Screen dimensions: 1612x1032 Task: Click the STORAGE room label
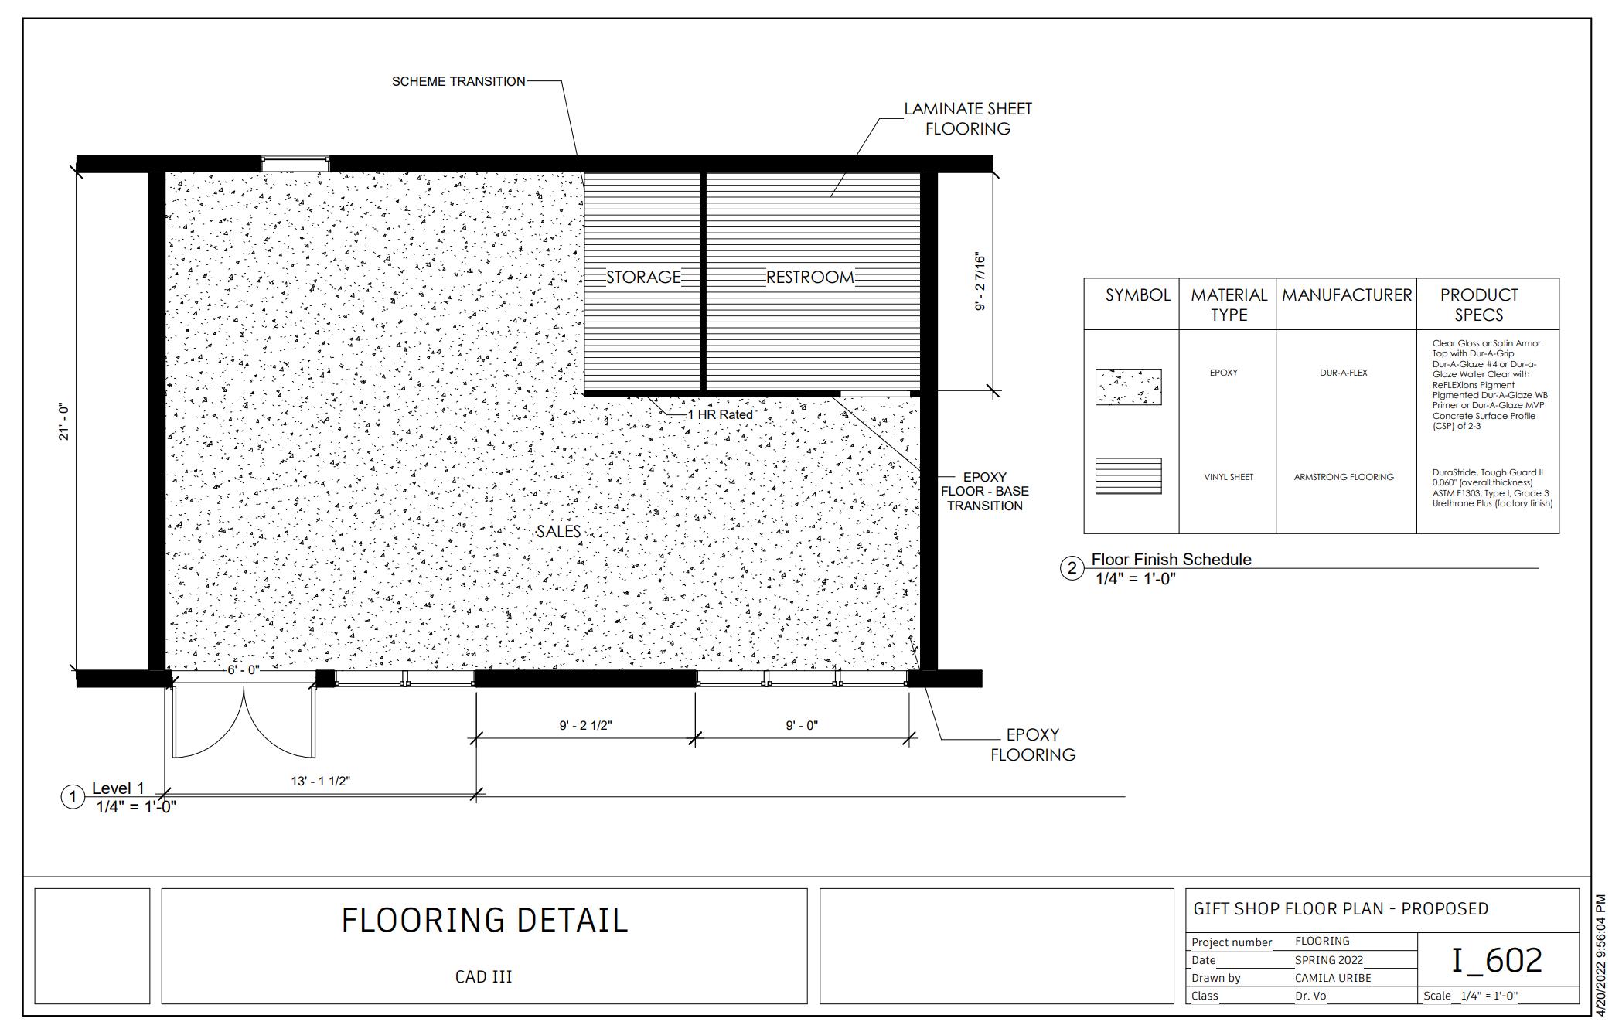[x=643, y=277]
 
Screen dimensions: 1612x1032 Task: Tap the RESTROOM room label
[x=810, y=277]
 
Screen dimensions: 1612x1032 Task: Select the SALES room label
[x=558, y=531]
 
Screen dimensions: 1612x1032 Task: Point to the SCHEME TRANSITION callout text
[x=458, y=81]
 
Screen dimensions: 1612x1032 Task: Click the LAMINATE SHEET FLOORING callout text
[x=968, y=118]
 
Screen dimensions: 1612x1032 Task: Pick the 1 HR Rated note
[x=720, y=414]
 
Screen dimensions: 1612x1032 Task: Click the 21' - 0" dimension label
[x=63, y=422]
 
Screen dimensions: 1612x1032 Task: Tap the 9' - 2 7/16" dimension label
[x=980, y=281]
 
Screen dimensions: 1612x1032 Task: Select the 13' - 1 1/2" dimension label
[x=321, y=781]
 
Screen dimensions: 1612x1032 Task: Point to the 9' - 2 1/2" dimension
[x=586, y=725]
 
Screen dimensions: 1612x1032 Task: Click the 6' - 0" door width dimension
[x=243, y=669]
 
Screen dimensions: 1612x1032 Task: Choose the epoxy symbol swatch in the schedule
[x=1128, y=387]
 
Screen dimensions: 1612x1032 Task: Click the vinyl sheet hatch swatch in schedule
[x=1128, y=475]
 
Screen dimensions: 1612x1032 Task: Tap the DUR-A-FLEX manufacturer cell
[x=1344, y=373]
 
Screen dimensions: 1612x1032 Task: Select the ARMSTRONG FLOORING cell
[x=1344, y=477]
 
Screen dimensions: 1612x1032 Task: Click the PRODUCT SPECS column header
[x=1479, y=305]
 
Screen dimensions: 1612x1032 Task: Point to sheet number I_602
[x=1497, y=959]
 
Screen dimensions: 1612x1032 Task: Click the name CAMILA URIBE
[x=1333, y=978]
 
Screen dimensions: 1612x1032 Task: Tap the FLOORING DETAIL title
[x=485, y=920]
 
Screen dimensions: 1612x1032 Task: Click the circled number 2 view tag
[x=1072, y=569]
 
